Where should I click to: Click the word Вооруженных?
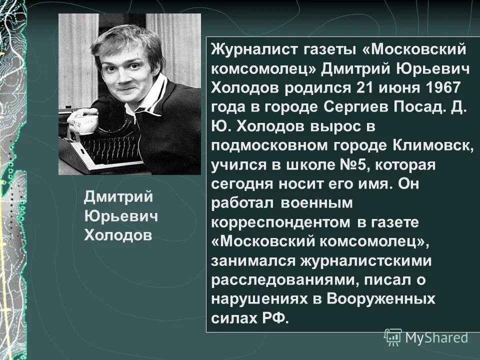click(x=381, y=299)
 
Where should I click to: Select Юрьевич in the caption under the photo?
click(x=120, y=215)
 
